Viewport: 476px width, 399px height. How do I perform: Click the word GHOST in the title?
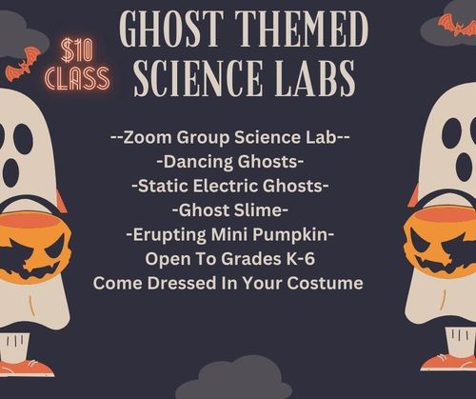click(170, 30)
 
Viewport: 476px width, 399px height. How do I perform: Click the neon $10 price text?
click(76, 50)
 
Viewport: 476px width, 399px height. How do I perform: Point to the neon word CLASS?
click(77, 78)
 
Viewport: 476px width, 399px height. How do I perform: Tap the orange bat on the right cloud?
click(457, 25)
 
